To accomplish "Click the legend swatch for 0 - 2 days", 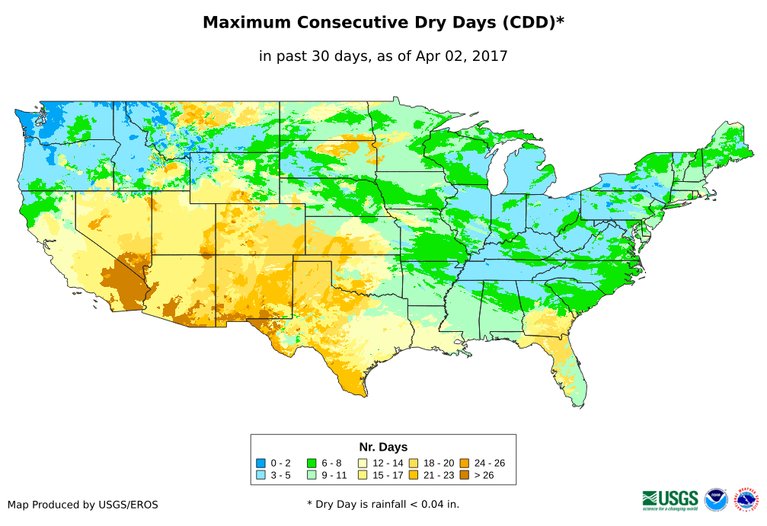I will (x=261, y=463).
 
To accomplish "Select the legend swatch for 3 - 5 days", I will (x=261, y=475).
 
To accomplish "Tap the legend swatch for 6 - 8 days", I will (x=312, y=463).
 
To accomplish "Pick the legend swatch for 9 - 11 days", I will (x=312, y=475).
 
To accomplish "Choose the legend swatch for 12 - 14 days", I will (x=363, y=463).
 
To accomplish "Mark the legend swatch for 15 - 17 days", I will (x=363, y=475).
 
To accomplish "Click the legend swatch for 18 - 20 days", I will (x=414, y=463).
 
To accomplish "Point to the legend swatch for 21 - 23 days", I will (x=414, y=475).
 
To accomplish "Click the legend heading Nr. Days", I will (x=383, y=447).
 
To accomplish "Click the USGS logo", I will (x=670, y=499).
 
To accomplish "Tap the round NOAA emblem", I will (x=716, y=500).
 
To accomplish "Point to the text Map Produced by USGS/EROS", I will (x=83, y=505).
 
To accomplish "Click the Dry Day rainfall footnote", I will (x=383, y=504).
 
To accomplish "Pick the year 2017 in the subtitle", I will (x=489, y=56).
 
